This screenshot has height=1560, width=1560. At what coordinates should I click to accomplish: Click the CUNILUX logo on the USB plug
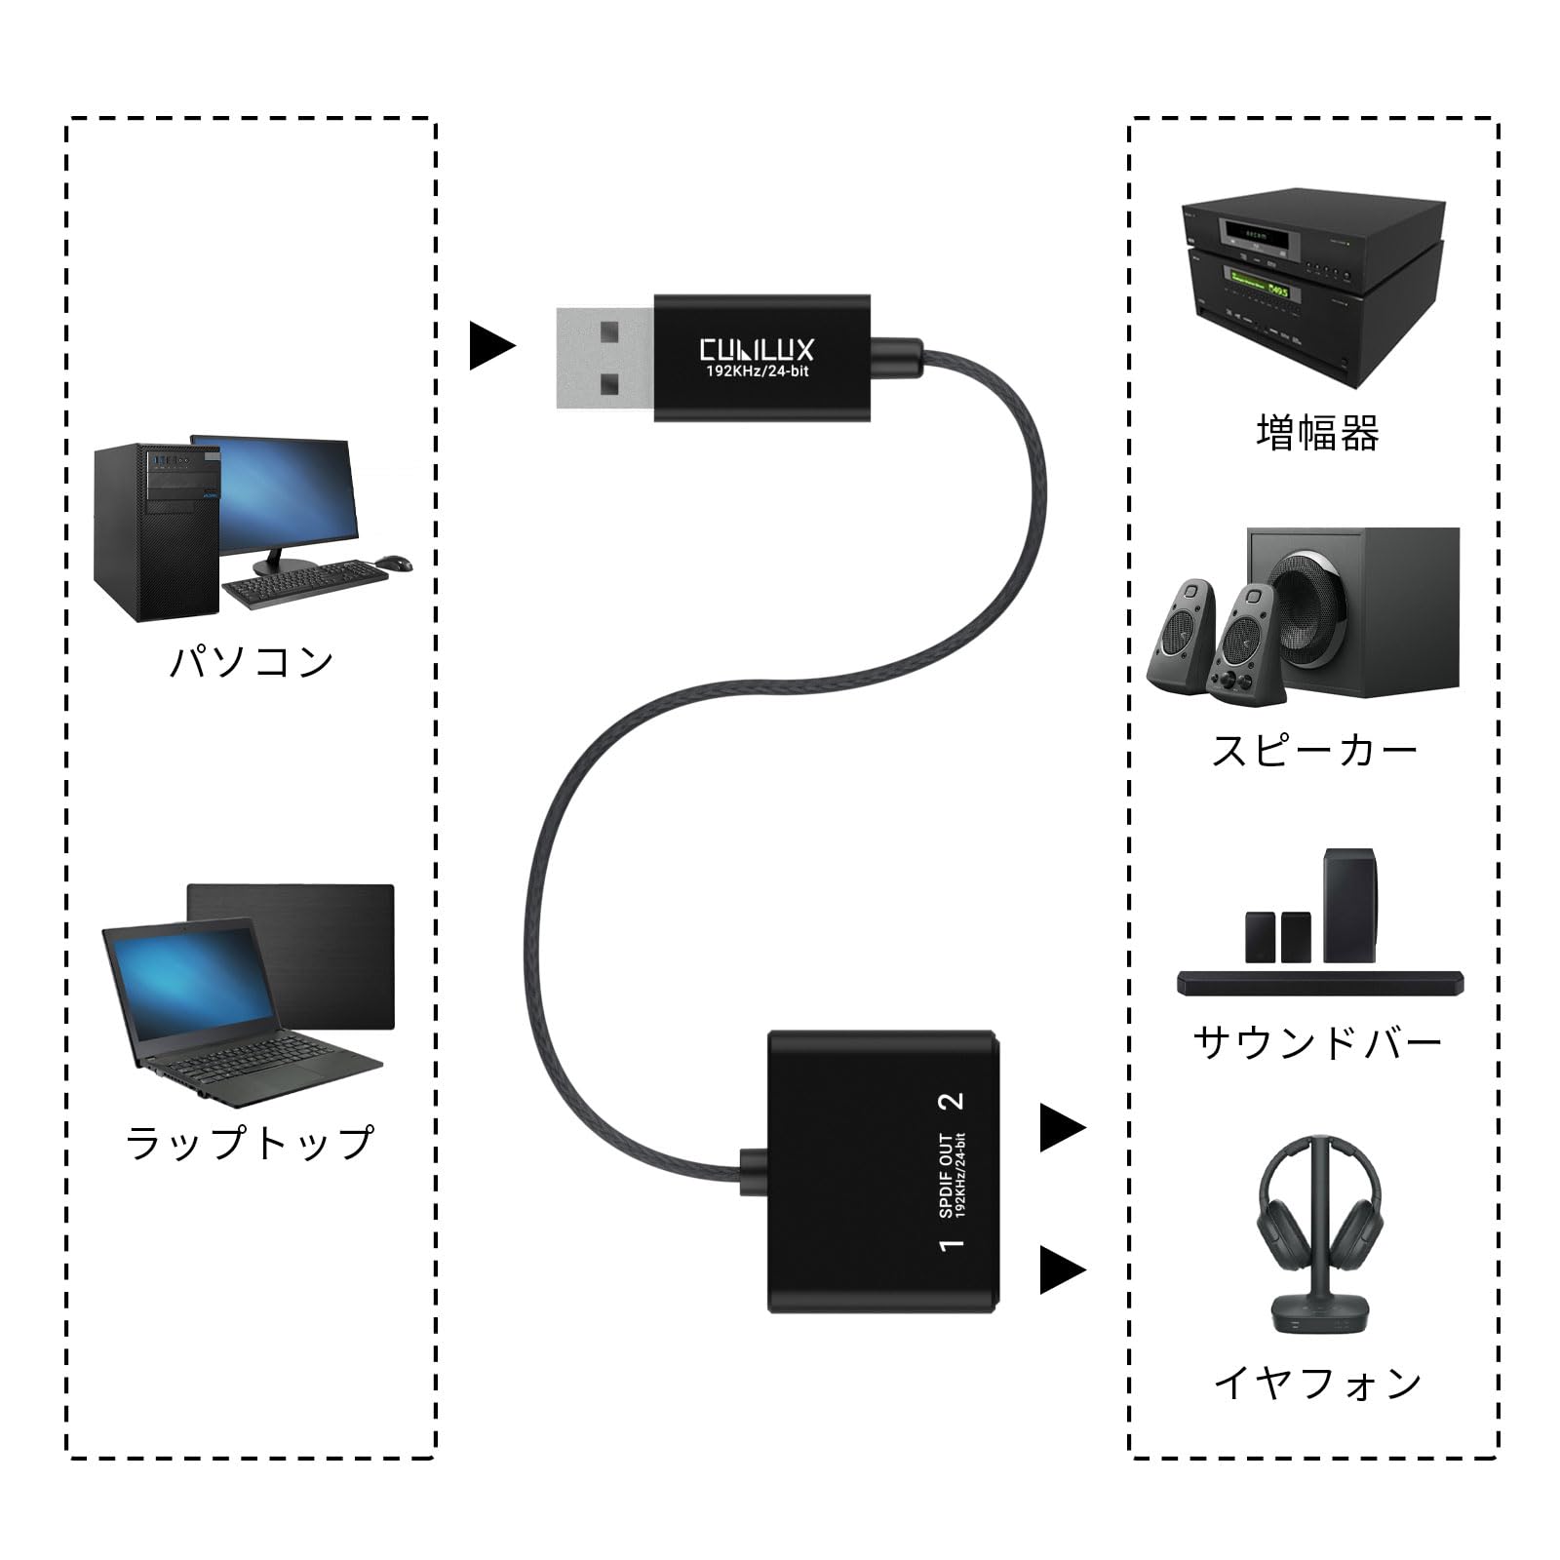pyautogui.click(x=757, y=350)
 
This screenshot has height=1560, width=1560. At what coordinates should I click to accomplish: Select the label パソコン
pyautogui.click(x=253, y=661)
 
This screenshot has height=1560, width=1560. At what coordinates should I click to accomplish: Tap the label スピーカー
pyautogui.click(x=1314, y=752)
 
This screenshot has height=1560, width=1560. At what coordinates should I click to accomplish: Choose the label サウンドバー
pyautogui.click(x=1317, y=1043)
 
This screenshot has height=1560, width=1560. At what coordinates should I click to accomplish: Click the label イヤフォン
pyautogui.click(x=1317, y=1383)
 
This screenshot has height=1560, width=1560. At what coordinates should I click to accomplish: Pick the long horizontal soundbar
pyautogui.click(x=1320, y=983)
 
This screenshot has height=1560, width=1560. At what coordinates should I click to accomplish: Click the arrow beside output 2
pyautogui.click(x=1062, y=1128)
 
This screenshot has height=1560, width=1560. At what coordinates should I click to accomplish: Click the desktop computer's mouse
pyautogui.click(x=393, y=563)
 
